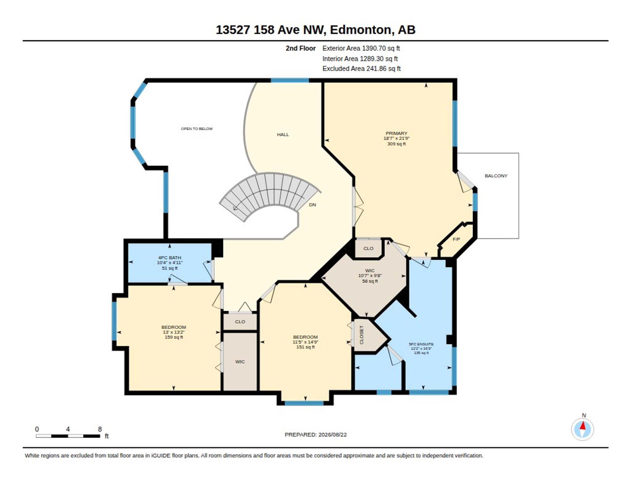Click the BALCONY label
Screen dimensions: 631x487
496,176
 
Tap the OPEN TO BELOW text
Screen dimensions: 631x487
197,129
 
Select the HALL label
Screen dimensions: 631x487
283,134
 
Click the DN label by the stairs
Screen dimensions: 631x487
312,205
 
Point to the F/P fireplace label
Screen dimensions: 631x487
456,239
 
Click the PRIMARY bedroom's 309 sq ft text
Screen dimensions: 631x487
396,144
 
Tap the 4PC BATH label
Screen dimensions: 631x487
170,258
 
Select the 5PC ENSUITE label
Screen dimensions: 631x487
421,344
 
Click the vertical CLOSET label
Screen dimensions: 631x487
361,335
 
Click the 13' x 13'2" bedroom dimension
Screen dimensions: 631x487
174,332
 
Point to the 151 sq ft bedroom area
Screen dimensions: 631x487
305,347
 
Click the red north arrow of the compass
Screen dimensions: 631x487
582,426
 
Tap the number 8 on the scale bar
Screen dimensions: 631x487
100,429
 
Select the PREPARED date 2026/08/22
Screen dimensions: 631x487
332,435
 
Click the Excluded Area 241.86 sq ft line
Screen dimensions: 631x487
361,69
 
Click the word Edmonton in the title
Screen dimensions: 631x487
360,30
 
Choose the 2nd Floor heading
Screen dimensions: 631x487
300,49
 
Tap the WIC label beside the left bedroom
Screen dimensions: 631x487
240,362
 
